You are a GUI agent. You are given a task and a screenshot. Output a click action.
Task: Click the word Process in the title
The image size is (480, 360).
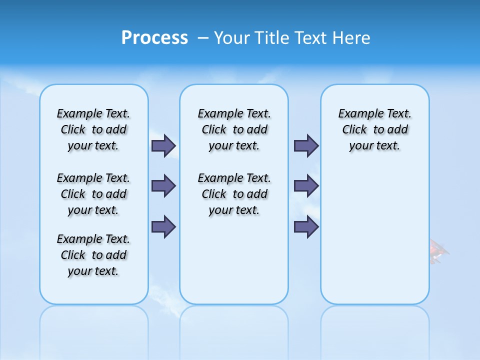(x=154, y=38)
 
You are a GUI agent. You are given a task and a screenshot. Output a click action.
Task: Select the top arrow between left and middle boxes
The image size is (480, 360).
(x=163, y=145)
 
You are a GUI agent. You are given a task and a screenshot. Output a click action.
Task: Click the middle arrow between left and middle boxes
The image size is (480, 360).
(x=163, y=186)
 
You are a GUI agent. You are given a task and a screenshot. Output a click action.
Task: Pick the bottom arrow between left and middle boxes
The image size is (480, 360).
(x=163, y=226)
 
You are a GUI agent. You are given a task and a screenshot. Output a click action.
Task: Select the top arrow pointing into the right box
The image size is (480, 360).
(x=306, y=145)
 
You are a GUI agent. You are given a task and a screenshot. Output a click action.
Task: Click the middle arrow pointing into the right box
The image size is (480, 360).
(x=306, y=186)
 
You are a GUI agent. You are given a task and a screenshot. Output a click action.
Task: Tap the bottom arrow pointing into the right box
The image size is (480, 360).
(x=306, y=226)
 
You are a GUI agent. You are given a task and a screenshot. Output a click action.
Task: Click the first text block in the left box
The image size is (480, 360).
(x=93, y=129)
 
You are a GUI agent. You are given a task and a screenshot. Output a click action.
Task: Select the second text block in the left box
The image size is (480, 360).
(x=93, y=194)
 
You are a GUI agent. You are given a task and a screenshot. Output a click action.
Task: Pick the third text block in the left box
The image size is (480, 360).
(x=93, y=255)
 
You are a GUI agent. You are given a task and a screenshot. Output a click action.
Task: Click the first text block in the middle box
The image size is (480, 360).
(x=234, y=129)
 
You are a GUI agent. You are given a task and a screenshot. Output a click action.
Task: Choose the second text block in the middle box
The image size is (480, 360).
(x=234, y=194)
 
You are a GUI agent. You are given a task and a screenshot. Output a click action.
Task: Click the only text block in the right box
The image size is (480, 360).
(x=374, y=129)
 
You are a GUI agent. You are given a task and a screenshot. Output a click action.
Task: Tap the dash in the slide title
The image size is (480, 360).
(x=203, y=38)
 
